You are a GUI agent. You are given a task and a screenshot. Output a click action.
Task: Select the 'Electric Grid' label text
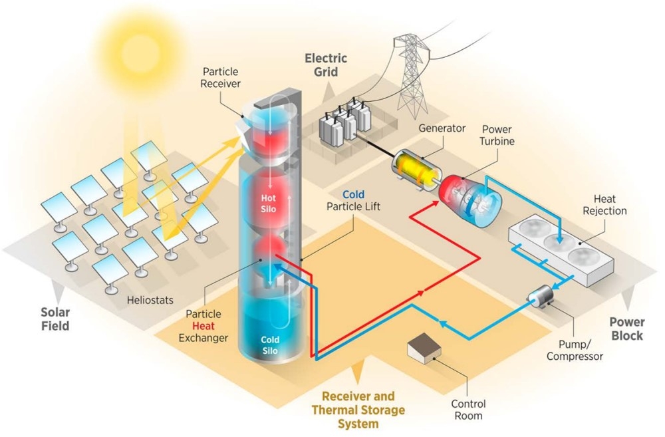tap(326, 65)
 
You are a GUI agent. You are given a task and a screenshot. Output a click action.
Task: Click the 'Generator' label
tap(442, 128)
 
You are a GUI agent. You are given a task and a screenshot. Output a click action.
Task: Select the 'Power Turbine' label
tap(497, 136)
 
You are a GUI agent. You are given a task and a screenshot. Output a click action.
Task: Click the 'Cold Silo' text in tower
tap(270, 345)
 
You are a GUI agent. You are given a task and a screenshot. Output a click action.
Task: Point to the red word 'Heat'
tap(203, 326)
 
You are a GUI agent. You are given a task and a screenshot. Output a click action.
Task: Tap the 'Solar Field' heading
tap(55, 319)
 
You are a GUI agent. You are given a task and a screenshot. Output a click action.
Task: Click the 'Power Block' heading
tap(626, 328)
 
